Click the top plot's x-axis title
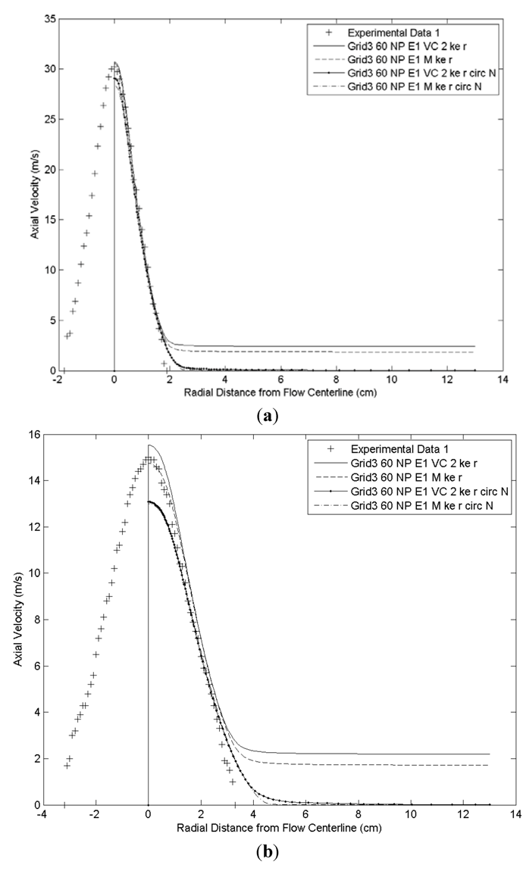pyautogui.click(x=280, y=392)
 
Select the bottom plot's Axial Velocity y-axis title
pyautogui.click(x=17, y=619)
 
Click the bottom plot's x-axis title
pyautogui.click(x=280, y=828)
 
